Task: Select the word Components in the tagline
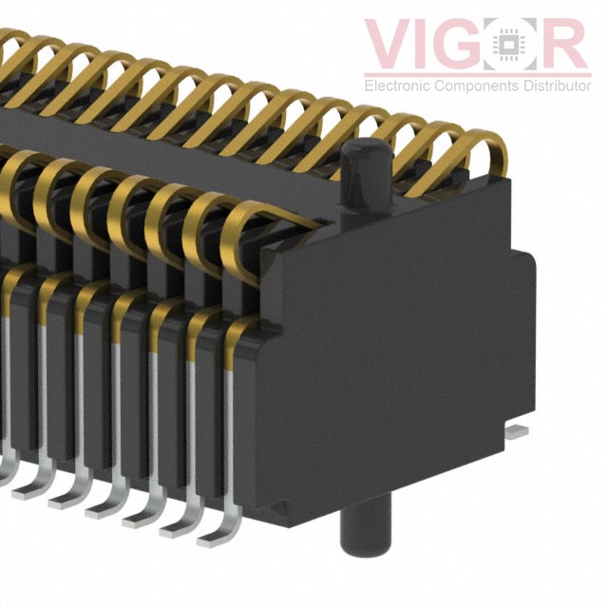tap(474, 85)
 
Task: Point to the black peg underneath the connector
tap(364, 532)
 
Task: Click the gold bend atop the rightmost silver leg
tap(239, 332)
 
